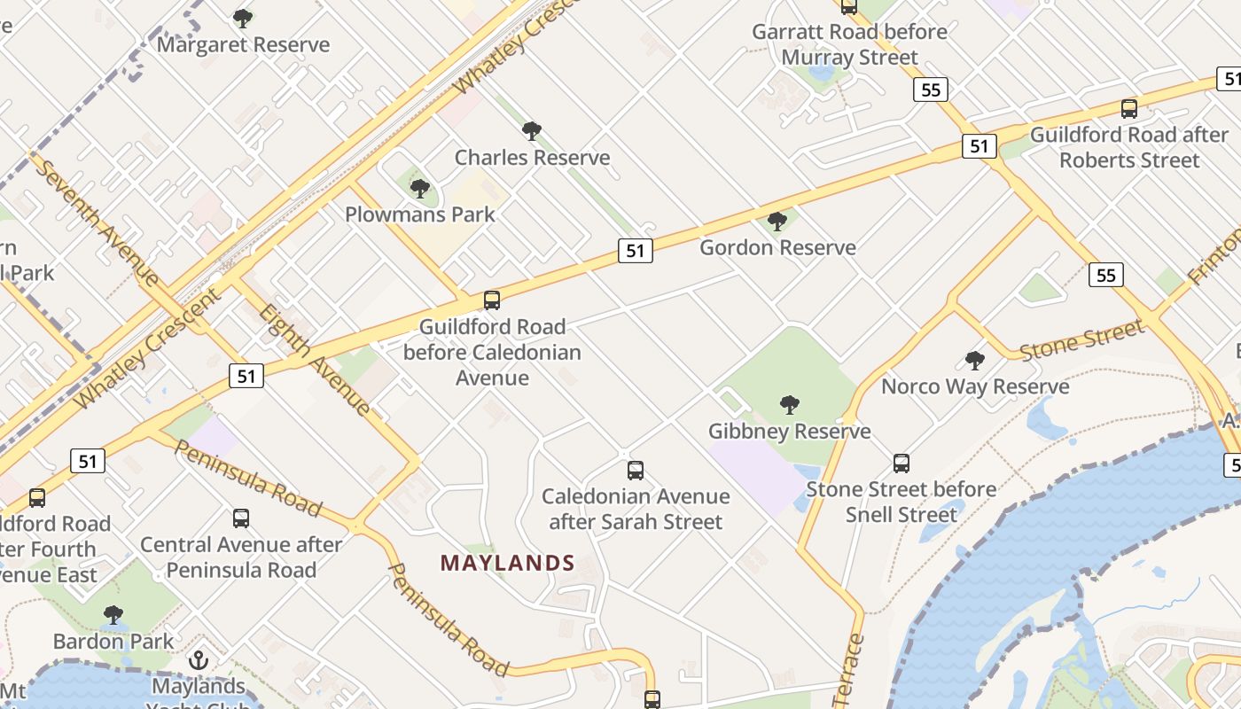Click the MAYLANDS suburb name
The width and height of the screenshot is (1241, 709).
tap(507, 563)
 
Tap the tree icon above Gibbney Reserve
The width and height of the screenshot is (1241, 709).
tap(789, 405)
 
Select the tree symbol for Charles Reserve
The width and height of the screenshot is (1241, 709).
tap(532, 131)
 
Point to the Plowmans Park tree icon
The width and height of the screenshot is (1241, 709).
tap(420, 188)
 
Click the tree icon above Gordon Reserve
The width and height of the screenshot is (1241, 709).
tap(777, 222)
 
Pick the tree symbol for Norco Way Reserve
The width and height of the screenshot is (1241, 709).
tap(975, 361)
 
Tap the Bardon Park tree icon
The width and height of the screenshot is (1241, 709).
tap(113, 614)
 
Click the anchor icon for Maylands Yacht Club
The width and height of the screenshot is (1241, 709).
tap(199, 660)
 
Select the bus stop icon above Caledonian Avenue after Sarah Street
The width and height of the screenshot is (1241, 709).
tap(636, 471)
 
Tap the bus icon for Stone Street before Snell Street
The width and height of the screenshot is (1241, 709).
tap(901, 463)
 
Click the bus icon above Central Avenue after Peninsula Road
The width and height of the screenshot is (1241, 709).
tap(241, 518)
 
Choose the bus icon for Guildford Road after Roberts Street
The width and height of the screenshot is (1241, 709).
tap(1129, 109)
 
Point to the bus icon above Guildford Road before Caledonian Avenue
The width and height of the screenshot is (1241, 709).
tap(492, 300)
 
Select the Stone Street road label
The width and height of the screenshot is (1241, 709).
tap(1082, 341)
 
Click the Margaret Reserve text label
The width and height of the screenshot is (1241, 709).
tap(243, 44)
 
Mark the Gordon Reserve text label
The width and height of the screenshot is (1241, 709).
tap(777, 247)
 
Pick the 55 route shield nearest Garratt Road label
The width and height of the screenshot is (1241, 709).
tap(931, 90)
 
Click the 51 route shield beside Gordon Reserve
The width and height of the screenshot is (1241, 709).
tap(635, 251)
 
